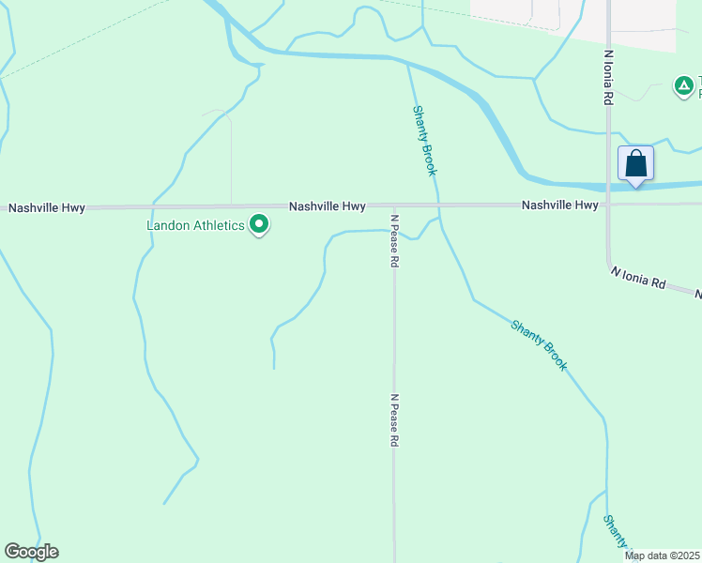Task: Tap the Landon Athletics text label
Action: [x=195, y=226]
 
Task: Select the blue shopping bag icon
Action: [x=635, y=164]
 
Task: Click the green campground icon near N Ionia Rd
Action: [x=684, y=87]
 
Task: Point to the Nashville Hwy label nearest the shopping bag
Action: [x=559, y=205]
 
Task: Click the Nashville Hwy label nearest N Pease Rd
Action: [x=327, y=205]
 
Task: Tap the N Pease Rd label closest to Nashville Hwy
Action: [x=395, y=241]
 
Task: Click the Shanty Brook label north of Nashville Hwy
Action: [x=424, y=140]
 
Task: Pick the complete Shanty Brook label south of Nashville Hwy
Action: [x=540, y=345]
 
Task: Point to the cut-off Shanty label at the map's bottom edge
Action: [x=616, y=534]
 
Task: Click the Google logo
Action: [x=31, y=552]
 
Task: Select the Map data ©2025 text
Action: [x=663, y=555]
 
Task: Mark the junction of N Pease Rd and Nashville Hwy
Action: [x=394, y=205]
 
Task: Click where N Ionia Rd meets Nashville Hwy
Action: [x=608, y=204]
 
